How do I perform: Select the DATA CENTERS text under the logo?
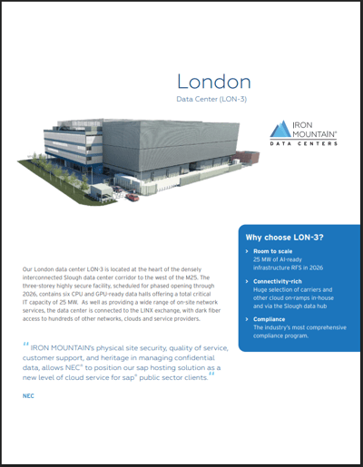tap(304, 144)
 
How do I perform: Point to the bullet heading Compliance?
tap(271, 318)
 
